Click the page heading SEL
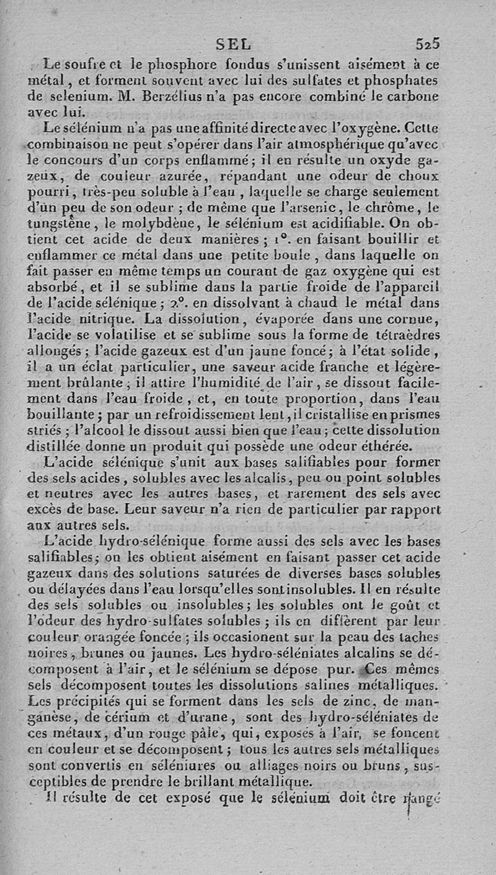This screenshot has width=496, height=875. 234,44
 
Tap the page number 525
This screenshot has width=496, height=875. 428,44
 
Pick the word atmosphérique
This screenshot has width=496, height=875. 334,145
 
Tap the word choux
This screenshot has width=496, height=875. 418,177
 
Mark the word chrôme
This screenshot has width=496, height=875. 386,209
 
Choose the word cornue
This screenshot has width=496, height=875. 415,320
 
